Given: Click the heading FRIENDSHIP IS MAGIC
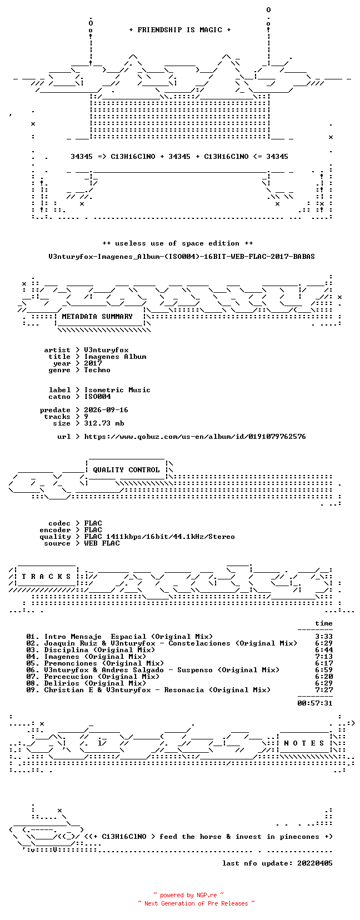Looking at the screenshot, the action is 180,30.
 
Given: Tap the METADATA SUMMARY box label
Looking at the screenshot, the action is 97,317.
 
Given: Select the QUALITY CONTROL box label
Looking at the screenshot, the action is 126,470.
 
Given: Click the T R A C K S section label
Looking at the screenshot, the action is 46,577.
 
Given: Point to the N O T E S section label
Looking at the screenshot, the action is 304,743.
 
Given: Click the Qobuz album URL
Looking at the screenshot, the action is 195,437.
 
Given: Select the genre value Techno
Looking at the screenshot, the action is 97,370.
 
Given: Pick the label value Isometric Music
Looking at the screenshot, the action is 117,390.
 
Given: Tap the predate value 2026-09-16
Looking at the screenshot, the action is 106,410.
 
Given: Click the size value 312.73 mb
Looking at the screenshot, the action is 104,423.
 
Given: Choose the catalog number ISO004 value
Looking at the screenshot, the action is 97,397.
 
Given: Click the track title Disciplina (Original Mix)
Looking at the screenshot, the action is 100,650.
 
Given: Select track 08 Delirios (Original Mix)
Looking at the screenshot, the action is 86,683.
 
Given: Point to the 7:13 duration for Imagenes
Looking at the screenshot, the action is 324,657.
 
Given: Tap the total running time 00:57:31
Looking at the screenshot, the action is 315,703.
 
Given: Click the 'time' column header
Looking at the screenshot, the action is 324,623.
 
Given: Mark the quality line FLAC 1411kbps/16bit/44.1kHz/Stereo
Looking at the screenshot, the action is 159,537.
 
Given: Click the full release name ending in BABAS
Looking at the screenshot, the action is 182,257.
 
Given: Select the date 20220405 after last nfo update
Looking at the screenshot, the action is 315,863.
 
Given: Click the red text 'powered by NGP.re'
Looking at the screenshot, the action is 188,896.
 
